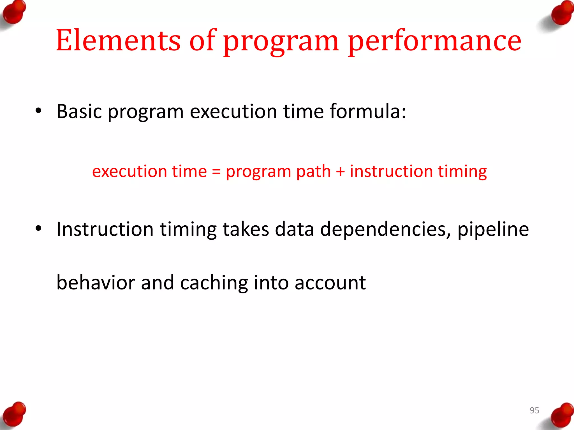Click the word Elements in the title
[x=118, y=41]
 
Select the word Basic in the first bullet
[x=79, y=111]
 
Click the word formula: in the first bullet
[x=368, y=111]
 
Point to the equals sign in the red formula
[x=216, y=171]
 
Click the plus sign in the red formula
[x=340, y=171]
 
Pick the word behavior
[x=96, y=282]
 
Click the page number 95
[x=534, y=410]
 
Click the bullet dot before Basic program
[x=38, y=111]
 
